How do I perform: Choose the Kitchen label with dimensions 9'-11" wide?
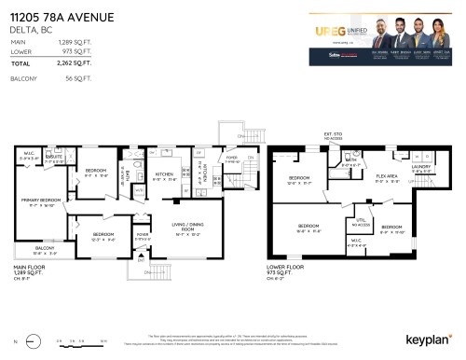(x=166, y=174)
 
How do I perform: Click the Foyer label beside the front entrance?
(x=142, y=236)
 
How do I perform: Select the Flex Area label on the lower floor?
(x=387, y=177)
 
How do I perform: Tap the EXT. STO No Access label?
(x=334, y=139)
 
